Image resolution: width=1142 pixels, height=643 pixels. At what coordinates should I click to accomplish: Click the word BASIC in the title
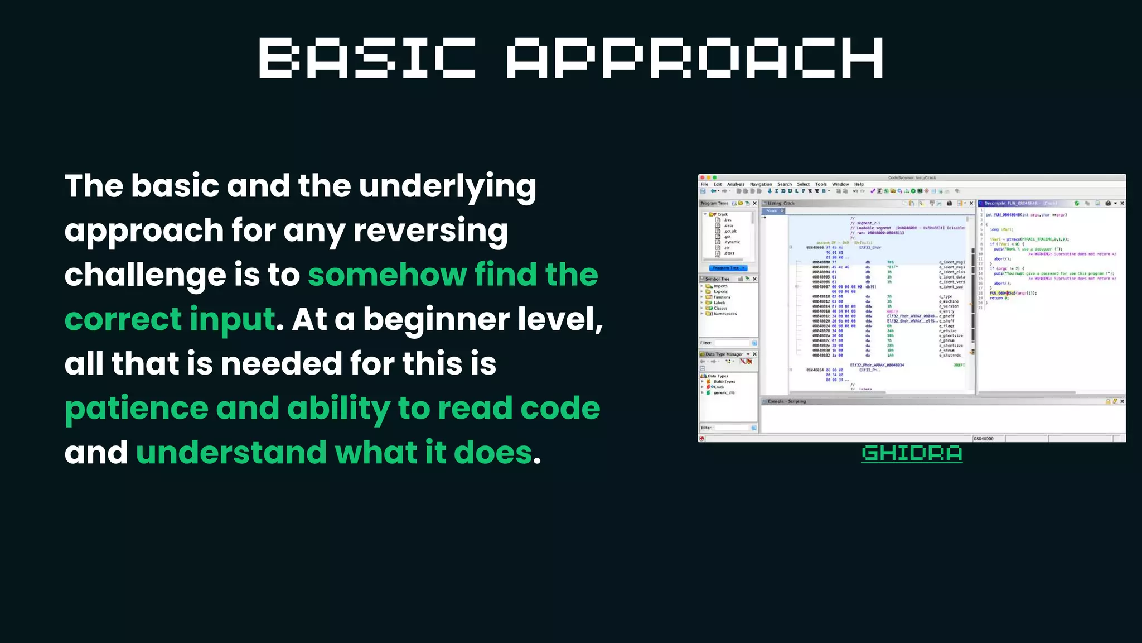[x=367, y=58]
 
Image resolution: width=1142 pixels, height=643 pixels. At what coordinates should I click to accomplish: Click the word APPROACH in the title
[x=695, y=58]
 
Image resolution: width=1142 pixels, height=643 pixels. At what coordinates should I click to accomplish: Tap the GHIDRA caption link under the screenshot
[x=912, y=453]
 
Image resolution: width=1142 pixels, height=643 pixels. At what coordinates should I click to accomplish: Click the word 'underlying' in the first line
[x=447, y=186]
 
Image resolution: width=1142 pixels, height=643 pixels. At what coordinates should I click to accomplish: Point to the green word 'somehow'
[x=387, y=275]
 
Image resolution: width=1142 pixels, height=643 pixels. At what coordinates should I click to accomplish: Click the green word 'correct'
[x=123, y=319]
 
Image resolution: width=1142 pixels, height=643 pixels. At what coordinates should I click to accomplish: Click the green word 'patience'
[x=137, y=408]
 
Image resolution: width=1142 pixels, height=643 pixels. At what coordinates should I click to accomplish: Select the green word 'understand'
[x=231, y=452]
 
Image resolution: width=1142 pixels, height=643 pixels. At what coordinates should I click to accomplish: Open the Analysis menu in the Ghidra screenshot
[x=735, y=184]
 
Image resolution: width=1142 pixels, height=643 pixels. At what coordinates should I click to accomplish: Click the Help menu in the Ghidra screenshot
[x=859, y=184]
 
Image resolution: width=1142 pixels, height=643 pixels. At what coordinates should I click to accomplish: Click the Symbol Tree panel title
[x=717, y=279]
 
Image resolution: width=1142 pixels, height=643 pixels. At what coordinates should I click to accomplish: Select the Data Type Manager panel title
[x=724, y=354]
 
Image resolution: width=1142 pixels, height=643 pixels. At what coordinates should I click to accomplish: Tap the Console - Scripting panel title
[x=786, y=401]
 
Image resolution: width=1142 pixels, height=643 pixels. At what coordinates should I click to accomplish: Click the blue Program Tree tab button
[x=728, y=268]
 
